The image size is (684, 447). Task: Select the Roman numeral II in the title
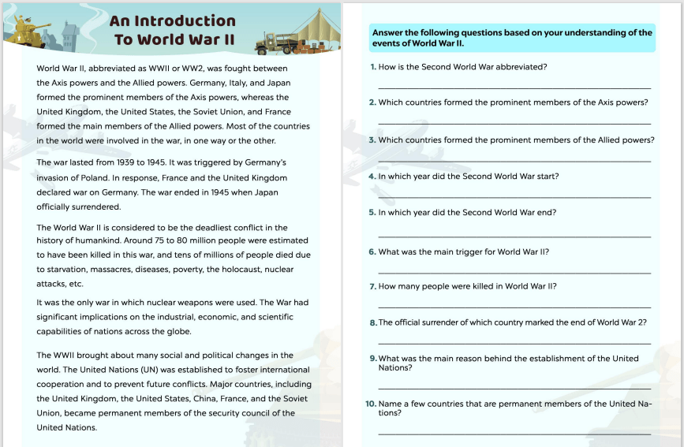pos(226,39)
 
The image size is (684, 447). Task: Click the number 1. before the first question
pos(373,67)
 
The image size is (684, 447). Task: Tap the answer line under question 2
pos(514,124)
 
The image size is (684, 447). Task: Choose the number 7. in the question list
pos(373,287)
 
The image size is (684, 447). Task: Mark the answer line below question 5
pos(514,237)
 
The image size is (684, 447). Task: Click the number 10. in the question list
pos(371,404)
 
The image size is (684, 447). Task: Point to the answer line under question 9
pos(514,388)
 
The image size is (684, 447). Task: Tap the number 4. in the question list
pos(372,177)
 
